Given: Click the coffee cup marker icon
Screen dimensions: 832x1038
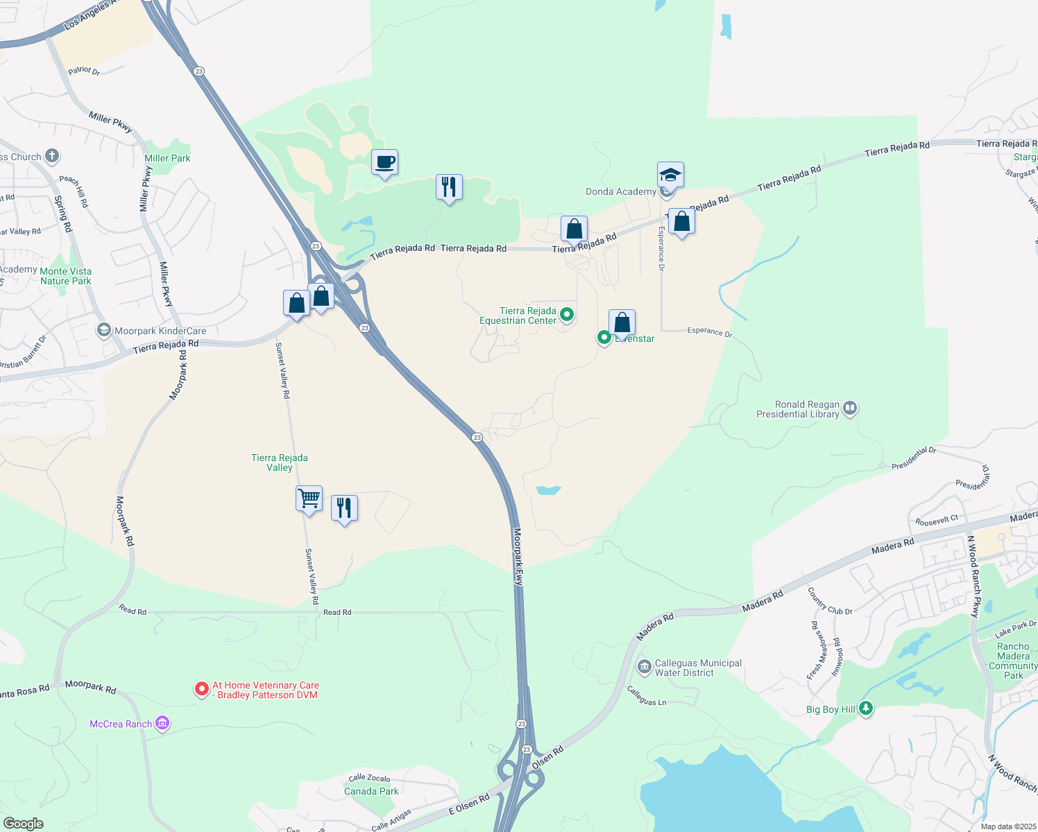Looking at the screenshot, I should click(384, 163).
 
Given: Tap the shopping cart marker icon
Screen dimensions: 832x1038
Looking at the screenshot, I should click(309, 499).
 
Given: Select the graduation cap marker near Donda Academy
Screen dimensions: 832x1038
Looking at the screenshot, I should click(670, 175).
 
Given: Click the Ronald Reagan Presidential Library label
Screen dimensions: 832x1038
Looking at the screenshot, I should click(798, 409).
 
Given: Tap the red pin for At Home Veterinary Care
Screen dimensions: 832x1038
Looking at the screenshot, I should click(201, 688).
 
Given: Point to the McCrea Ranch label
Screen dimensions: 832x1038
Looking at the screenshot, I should click(121, 724).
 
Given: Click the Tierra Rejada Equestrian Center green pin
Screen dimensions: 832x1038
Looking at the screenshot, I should click(567, 315).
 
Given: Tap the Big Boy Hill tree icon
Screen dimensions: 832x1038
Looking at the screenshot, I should click(865, 708).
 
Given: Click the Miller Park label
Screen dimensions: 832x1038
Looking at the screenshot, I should click(167, 158).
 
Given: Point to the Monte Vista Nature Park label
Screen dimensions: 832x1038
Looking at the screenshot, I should click(66, 276).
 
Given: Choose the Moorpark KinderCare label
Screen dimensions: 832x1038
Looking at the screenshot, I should click(160, 331).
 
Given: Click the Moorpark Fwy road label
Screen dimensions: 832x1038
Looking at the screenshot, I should click(518, 557).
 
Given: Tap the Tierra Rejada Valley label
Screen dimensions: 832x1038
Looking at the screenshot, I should click(280, 462).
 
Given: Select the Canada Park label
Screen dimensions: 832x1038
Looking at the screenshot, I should click(371, 791).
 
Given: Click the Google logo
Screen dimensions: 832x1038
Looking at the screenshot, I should click(23, 823).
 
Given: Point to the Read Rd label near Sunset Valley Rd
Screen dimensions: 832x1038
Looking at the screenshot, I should click(337, 612).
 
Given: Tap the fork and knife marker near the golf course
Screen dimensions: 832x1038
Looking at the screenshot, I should click(449, 187).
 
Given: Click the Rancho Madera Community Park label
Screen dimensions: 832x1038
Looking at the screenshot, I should click(1013, 661).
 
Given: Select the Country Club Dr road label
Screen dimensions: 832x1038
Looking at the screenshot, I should click(829, 601).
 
